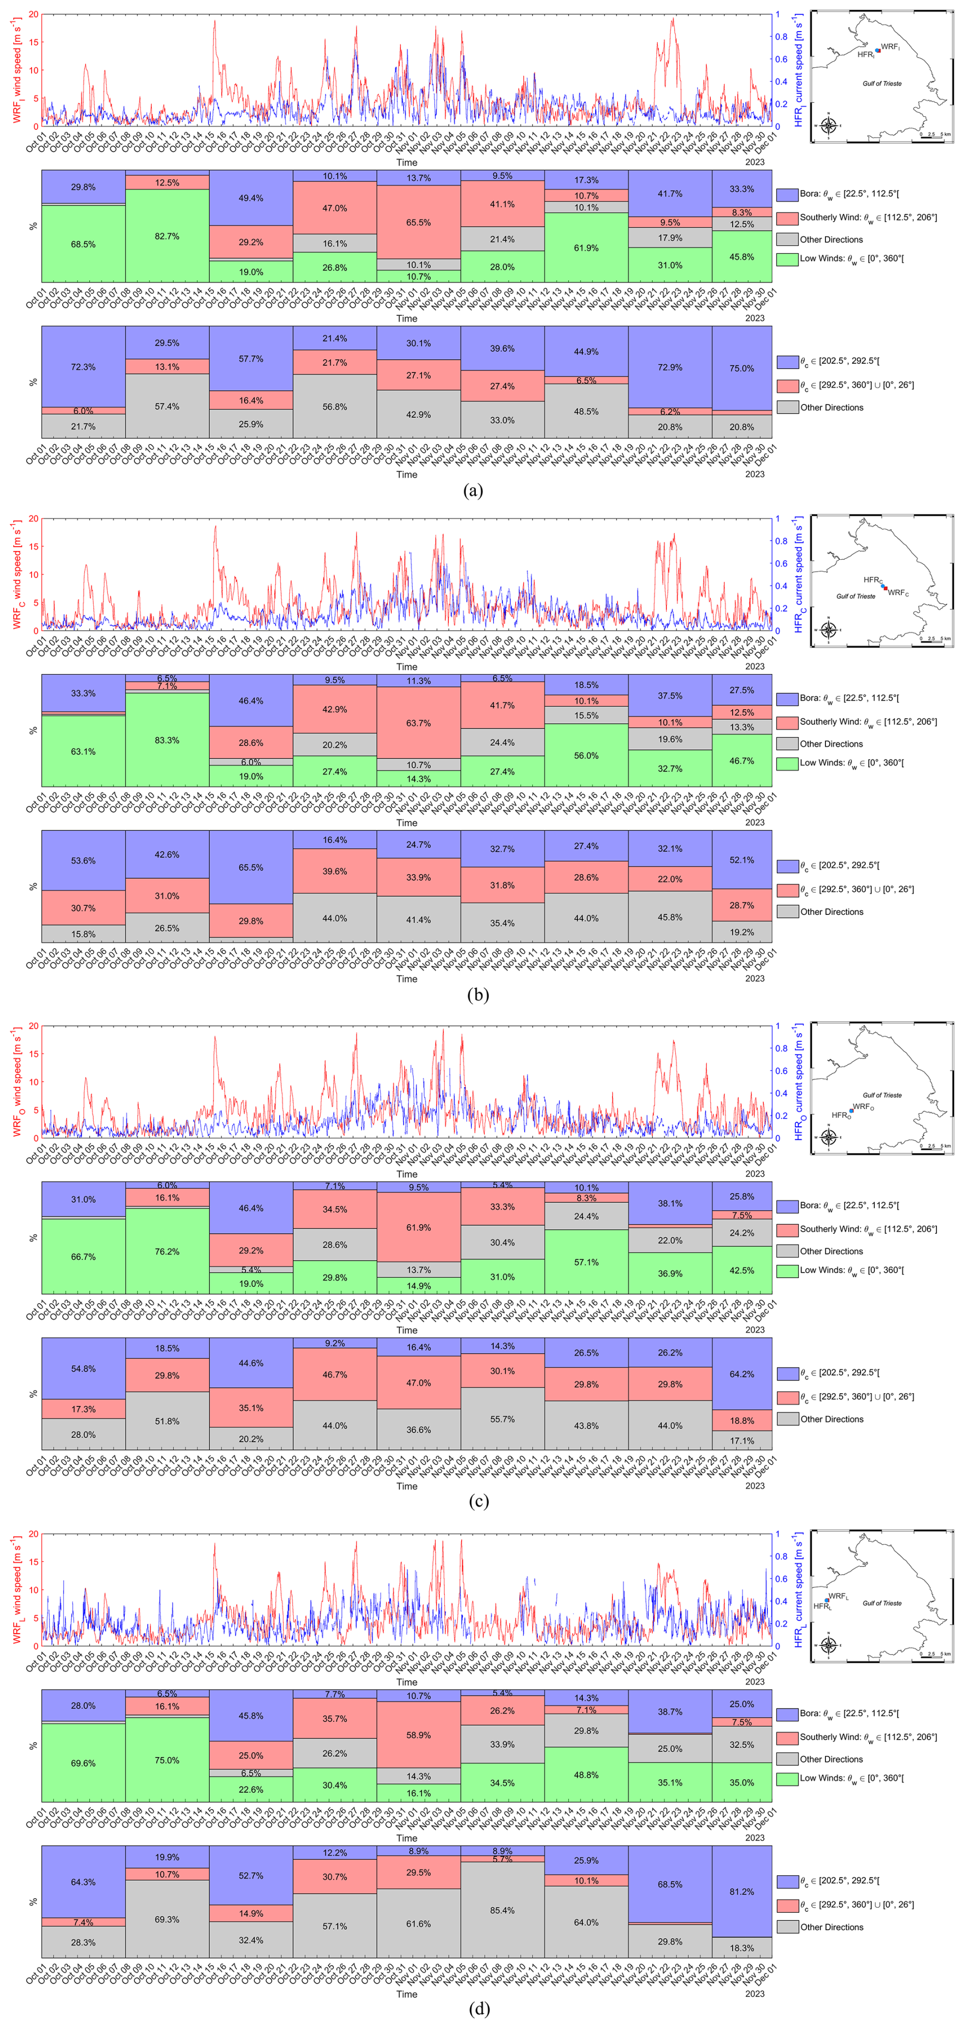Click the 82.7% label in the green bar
click(167, 236)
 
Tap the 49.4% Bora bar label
click(251, 198)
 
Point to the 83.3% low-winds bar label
click(167, 741)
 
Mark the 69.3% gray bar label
click(167, 1919)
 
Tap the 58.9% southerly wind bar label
click(418, 1735)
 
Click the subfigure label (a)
click(474, 491)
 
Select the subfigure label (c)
click(478, 1501)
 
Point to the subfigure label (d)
click(478, 2008)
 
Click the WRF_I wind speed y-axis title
click(17, 71)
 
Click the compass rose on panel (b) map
click(828, 630)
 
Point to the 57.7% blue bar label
click(251, 359)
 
